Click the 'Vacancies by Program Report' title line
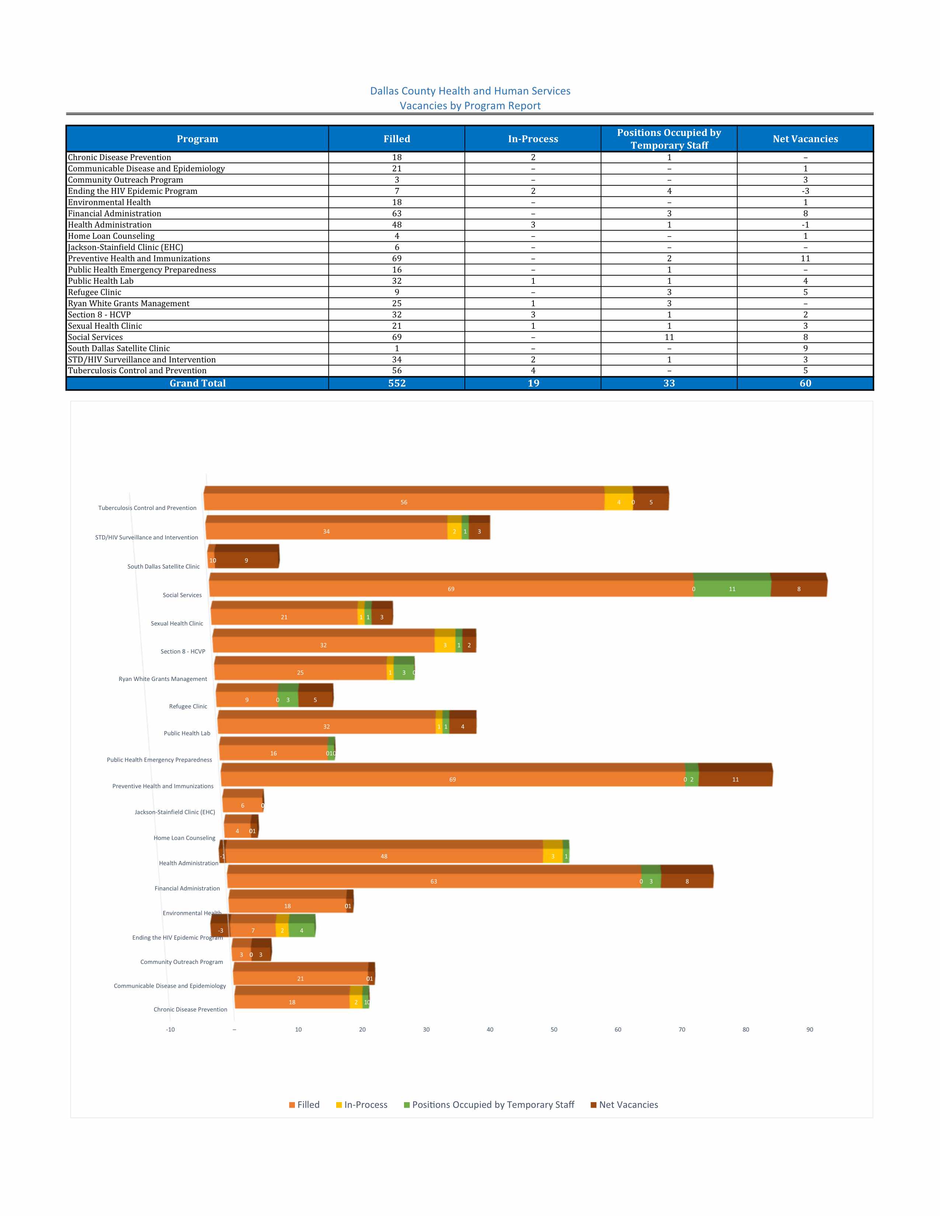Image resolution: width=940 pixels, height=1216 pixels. [470, 106]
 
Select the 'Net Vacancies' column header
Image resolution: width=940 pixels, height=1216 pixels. [805, 139]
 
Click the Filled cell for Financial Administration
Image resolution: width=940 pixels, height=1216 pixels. [397, 213]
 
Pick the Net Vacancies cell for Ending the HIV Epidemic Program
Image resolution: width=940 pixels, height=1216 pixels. [805, 191]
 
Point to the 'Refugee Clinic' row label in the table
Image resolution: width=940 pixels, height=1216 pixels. [95, 292]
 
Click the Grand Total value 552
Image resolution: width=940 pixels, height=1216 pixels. [397, 383]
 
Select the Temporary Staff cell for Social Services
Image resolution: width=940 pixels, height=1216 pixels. [669, 337]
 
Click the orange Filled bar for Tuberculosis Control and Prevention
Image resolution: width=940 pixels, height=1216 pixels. [404, 502]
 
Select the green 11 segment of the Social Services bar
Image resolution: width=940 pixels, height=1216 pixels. [732, 589]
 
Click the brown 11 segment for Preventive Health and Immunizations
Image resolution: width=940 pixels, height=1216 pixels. [735, 779]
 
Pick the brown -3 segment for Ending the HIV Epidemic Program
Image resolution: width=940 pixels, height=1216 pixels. [220, 931]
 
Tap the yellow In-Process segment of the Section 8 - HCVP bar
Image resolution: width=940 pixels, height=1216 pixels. [445, 645]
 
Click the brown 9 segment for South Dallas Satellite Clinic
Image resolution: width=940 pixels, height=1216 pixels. [246, 561]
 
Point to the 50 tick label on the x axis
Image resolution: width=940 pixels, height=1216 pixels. [554, 1030]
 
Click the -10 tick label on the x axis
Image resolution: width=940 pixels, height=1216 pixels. [170, 1030]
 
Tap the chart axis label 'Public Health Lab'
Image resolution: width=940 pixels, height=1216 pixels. [187, 733]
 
